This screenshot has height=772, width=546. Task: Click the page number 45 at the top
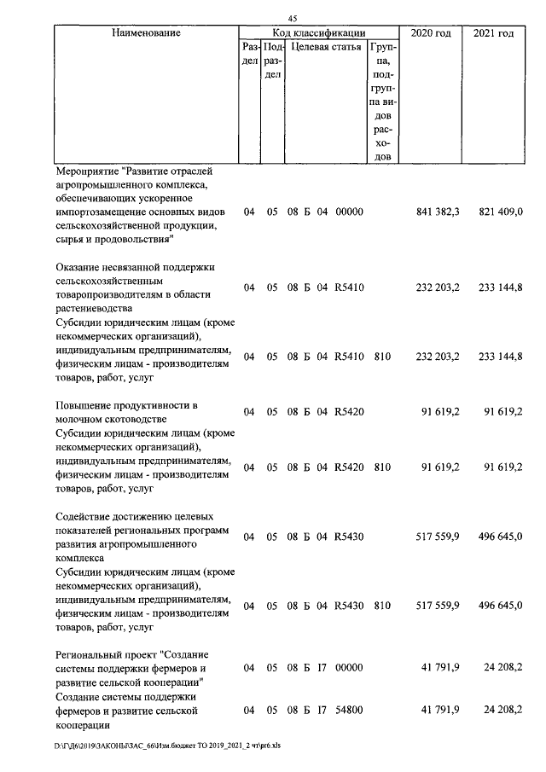(292, 19)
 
